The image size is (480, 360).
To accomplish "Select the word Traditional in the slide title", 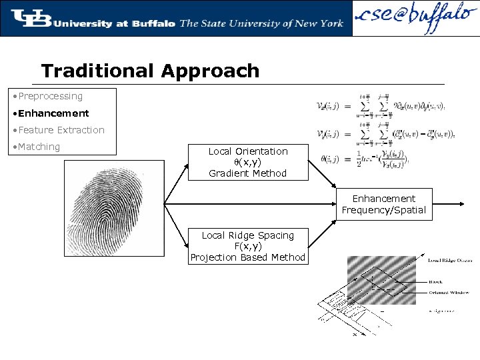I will point(98,71).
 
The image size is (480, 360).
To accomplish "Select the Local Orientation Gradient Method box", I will point(248,162).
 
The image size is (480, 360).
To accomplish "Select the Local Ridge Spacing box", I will point(248,246).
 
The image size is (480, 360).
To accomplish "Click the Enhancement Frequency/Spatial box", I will point(383,204).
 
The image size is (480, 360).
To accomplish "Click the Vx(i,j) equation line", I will point(383,107).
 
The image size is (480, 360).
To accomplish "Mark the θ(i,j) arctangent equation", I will point(363,160).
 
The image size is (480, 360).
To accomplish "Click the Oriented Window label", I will point(448,293).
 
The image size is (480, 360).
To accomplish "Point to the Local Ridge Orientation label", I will point(450,260).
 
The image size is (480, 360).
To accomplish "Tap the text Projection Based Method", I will point(248,257).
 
